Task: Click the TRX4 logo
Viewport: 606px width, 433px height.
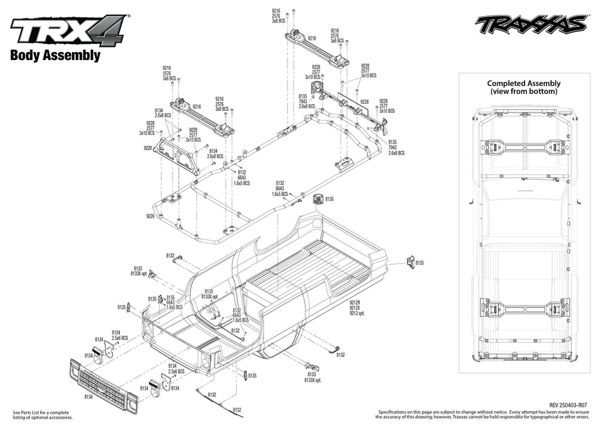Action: click(x=67, y=29)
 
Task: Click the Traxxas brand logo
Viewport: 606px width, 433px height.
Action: click(x=531, y=25)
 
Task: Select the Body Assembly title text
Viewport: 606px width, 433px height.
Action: click(x=55, y=55)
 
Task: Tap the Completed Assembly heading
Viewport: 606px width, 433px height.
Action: click(x=523, y=84)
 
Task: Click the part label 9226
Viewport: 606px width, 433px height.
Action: click(x=150, y=216)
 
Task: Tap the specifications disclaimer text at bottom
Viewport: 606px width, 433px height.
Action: click(x=489, y=414)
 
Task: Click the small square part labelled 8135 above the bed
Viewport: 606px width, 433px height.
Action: click(x=318, y=199)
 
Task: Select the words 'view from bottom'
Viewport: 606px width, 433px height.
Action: click(x=523, y=92)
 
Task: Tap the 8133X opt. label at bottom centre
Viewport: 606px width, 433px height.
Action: click(x=313, y=380)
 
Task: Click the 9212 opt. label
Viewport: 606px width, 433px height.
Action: click(x=357, y=313)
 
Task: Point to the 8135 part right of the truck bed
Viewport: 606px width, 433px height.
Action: click(x=409, y=261)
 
